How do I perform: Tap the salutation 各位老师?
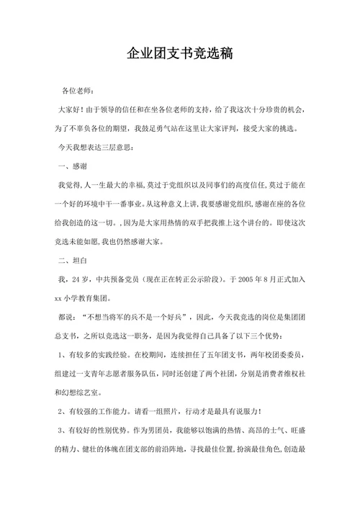[x=77, y=91]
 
